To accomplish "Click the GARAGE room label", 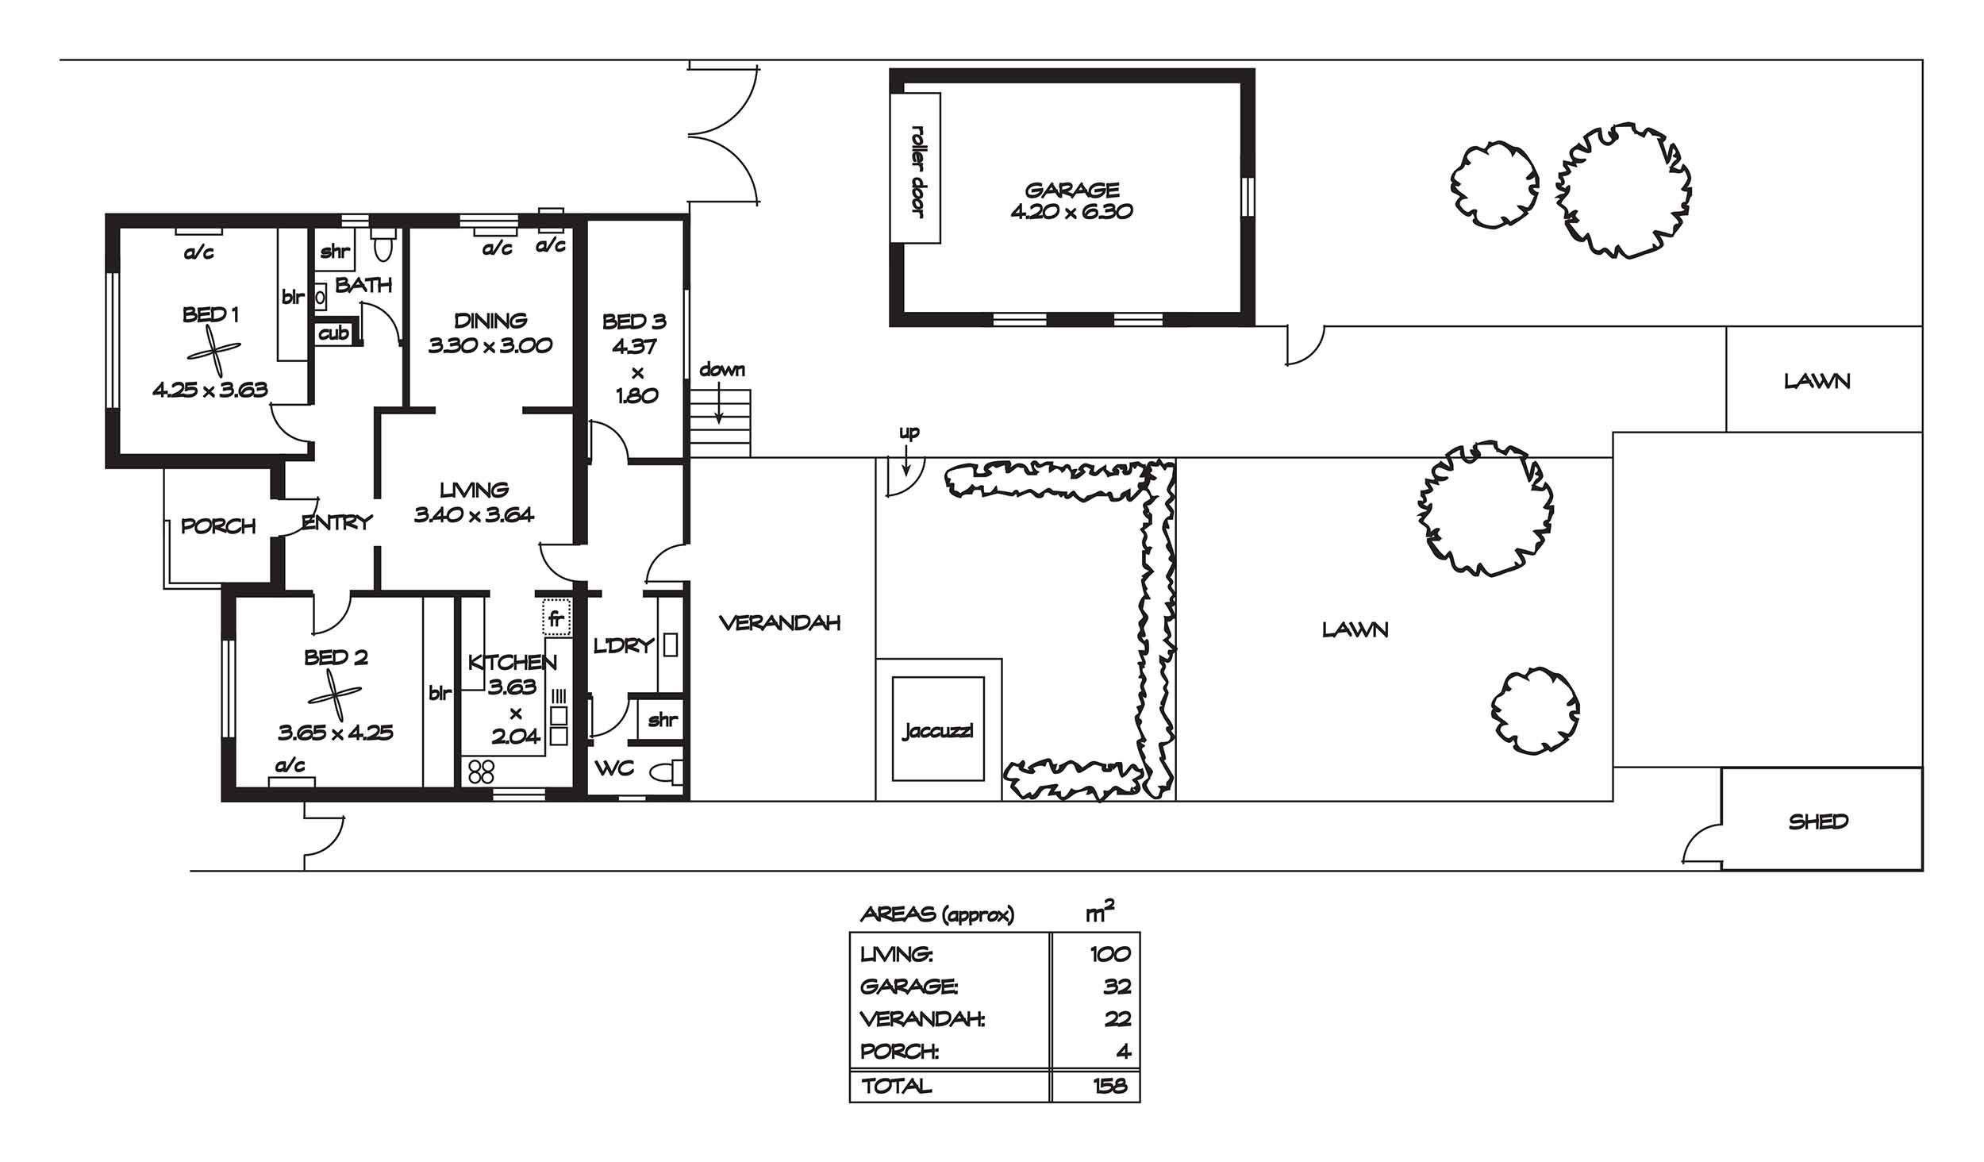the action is click(x=1072, y=190).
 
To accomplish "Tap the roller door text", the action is click(x=918, y=170).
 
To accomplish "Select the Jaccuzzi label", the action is click(x=937, y=731).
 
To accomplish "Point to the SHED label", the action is click(x=1818, y=821).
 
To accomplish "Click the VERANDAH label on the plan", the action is click(x=779, y=623).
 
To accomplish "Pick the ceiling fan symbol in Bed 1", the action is click(x=213, y=352).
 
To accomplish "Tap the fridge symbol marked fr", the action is click(x=556, y=618).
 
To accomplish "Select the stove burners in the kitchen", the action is click(x=481, y=771).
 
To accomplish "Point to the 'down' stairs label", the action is click(x=722, y=370).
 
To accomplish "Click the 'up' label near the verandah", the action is click(x=909, y=433).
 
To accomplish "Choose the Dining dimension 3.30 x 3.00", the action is click(x=490, y=345).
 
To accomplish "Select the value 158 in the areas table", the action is click(x=1109, y=1086).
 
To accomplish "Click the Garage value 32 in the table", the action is click(x=1117, y=987).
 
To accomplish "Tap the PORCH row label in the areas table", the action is click(x=899, y=1052).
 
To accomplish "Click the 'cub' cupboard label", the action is click(x=333, y=333).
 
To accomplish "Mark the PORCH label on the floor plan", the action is click(x=218, y=526).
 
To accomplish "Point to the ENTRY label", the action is click(x=337, y=522).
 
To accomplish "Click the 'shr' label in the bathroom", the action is click(x=335, y=252).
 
